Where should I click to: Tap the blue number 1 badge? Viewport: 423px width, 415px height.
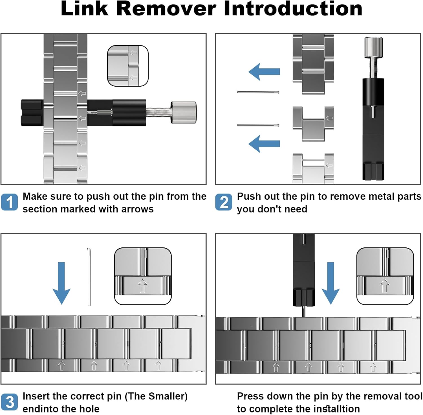pyautogui.click(x=9, y=202)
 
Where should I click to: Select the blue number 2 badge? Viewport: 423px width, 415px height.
pyautogui.click(x=224, y=202)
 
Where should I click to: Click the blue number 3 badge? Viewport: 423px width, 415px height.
pyautogui.click(x=9, y=402)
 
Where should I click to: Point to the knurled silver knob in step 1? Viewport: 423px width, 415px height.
pyautogui.click(x=184, y=112)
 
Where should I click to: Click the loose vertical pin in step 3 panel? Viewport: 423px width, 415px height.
pyautogui.click(x=89, y=276)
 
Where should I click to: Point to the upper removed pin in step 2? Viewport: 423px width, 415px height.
pyautogui.click(x=258, y=92)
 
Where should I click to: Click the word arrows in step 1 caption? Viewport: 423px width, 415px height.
pyautogui.click(x=137, y=209)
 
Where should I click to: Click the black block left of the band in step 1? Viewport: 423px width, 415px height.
pyautogui.click(x=32, y=113)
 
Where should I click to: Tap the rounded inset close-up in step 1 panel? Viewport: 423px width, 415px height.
pyautogui.click(x=128, y=66)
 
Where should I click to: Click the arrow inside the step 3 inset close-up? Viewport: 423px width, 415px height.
pyautogui.click(x=142, y=286)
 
